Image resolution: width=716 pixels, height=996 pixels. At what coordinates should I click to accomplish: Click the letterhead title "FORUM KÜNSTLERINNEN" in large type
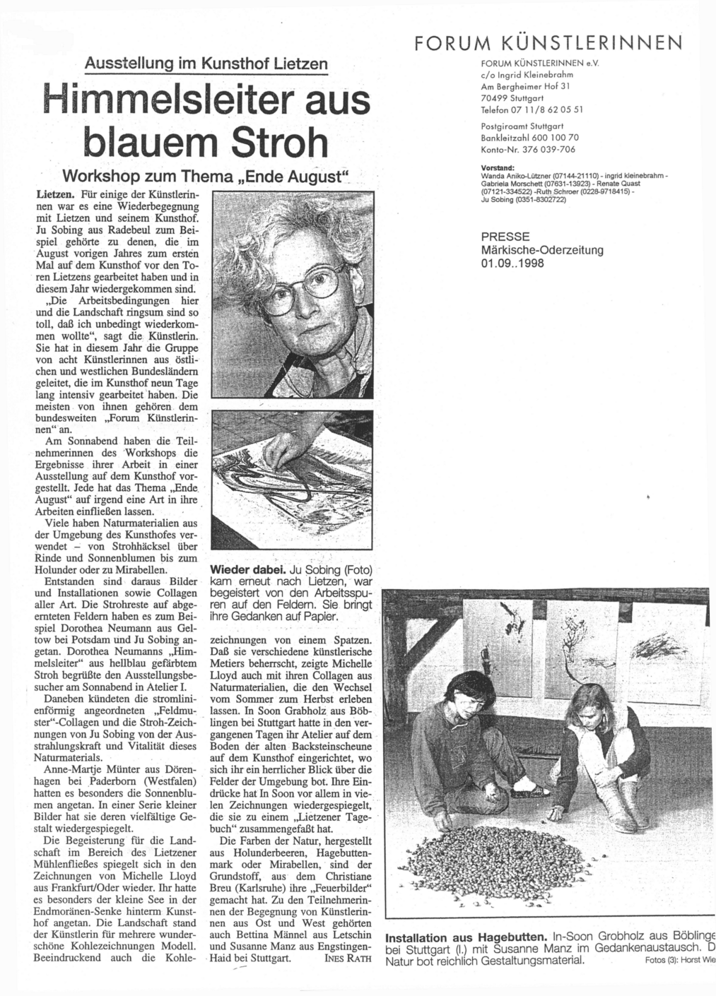coord(548,42)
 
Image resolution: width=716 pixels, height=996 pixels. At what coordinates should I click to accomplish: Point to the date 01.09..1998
coord(512,263)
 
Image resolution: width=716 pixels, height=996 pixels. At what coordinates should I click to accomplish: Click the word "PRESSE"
coord(505,237)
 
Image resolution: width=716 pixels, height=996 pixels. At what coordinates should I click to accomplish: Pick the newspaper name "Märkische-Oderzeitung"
coord(542,250)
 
